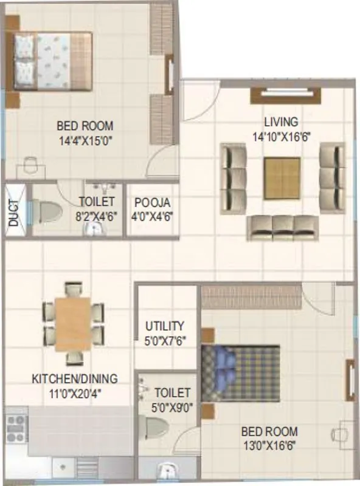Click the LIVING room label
(x=281, y=122)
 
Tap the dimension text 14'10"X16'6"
(x=282, y=137)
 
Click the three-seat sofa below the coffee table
(x=282, y=227)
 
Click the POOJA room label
(x=153, y=202)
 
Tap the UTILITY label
(x=165, y=326)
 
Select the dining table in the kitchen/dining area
(x=73, y=324)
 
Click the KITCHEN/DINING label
(x=74, y=379)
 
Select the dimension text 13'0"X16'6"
(x=269, y=445)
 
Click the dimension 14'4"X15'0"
(x=85, y=140)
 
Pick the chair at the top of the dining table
(x=74, y=289)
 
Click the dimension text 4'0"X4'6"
(x=153, y=215)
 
